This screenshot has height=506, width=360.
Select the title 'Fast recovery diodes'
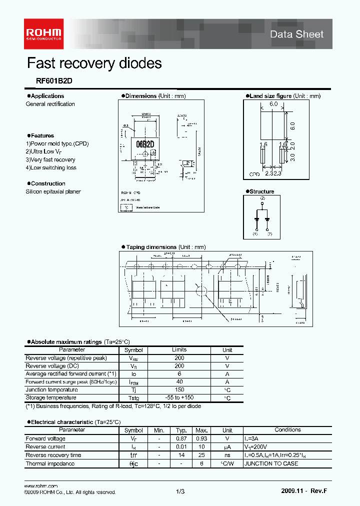[x=94, y=63]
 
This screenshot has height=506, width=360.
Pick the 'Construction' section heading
[x=48, y=183]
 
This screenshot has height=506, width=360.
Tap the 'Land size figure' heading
[x=270, y=96]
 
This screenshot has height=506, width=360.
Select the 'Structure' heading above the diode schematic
[x=262, y=191]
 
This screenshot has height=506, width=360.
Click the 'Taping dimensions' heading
[x=151, y=247]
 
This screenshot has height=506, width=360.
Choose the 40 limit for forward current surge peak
[x=179, y=382]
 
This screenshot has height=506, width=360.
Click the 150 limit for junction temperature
[x=179, y=390]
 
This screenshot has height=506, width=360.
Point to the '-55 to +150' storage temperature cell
[x=179, y=398]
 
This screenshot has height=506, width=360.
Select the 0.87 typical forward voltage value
[x=181, y=438]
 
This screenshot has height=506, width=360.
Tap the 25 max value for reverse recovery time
[x=202, y=455]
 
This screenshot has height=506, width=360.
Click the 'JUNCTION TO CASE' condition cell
[x=270, y=463]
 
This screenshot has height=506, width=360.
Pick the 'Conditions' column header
[x=287, y=430]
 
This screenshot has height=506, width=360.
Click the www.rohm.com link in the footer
[x=41, y=486]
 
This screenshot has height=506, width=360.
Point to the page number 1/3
[x=180, y=492]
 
